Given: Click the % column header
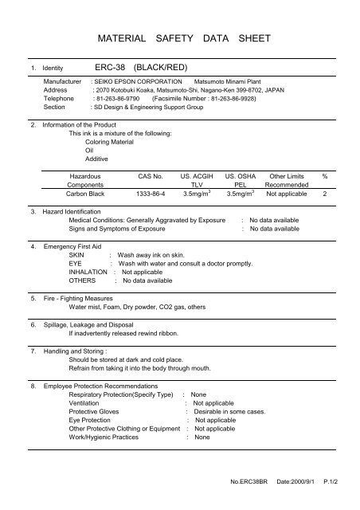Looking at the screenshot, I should pyautogui.click(x=324, y=174).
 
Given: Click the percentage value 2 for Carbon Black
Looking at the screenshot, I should pyautogui.click(x=324, y=193).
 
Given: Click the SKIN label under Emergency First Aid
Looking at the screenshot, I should pyautogui.click(x=77, y=254).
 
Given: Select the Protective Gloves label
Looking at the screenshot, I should pyautogui.click(x=96, y=412).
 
